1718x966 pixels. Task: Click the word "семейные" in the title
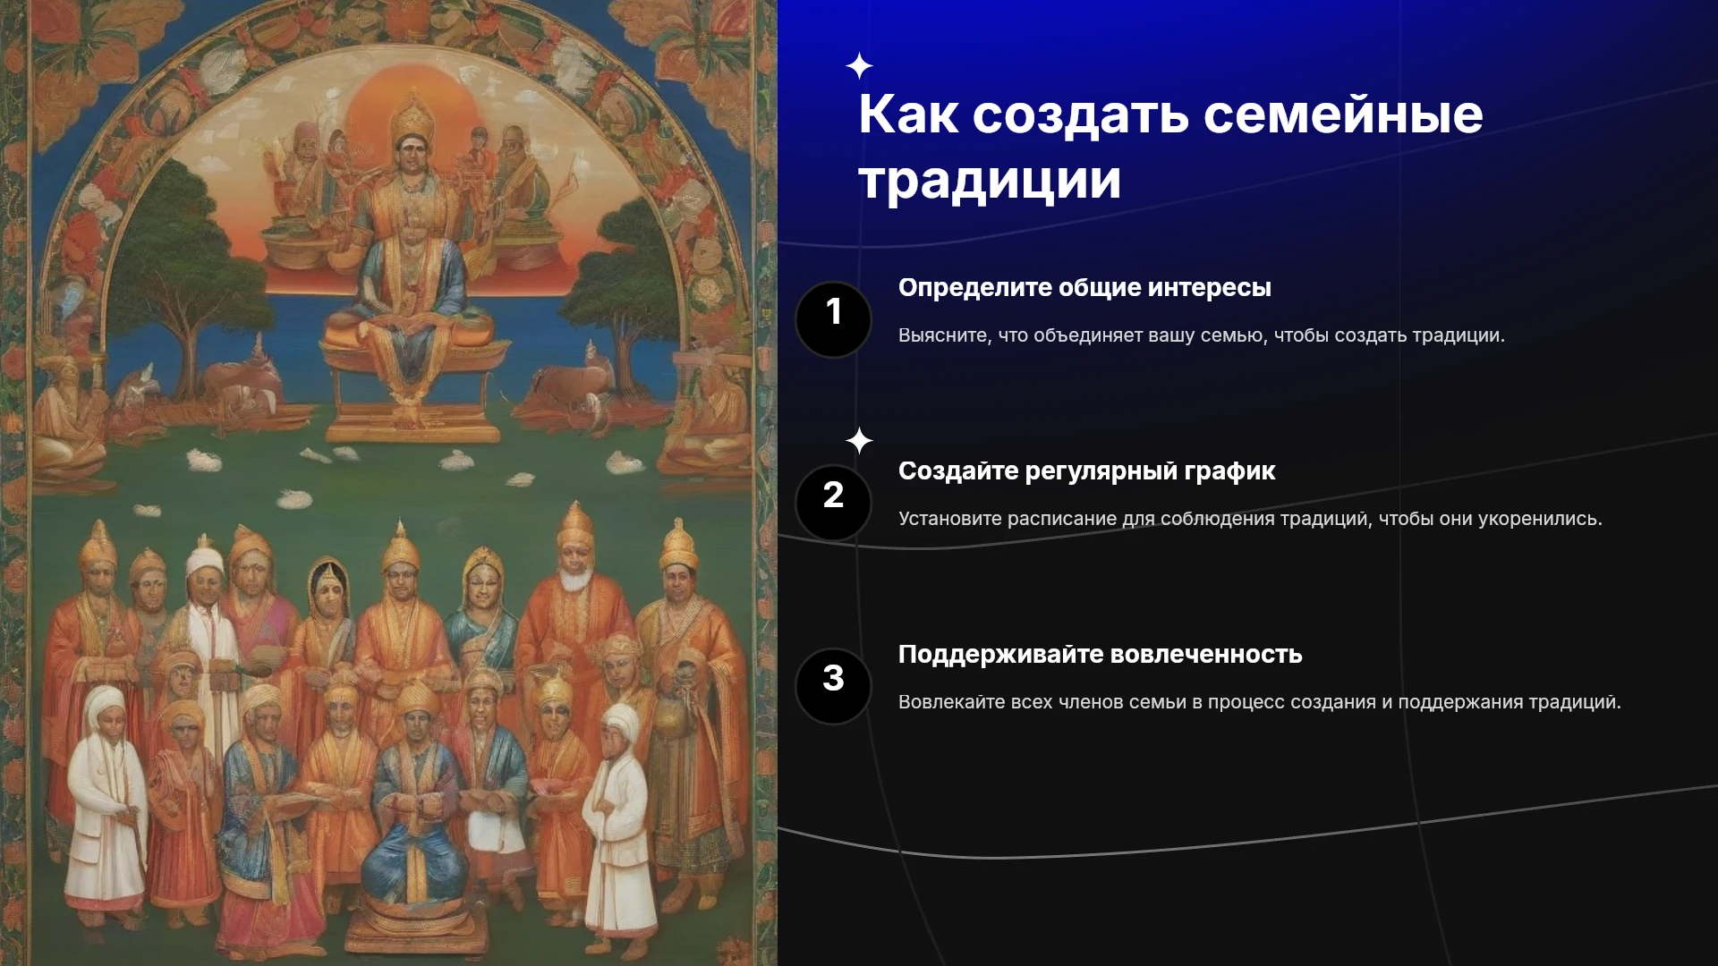(x=1343, y=114)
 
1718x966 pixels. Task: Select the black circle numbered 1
(x=833, y=319)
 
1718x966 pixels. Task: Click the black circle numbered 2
(x=833, y=503)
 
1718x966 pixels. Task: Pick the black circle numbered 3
(x=833, y=686)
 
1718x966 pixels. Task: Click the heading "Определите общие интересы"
(x=1084, y=288)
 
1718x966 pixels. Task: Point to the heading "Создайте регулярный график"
(x=1086, y=471)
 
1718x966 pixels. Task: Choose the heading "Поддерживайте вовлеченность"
(x=1100, y=655)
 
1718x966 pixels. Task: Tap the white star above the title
(x=859, y=66)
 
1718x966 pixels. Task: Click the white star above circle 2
(x=859, y=441)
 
